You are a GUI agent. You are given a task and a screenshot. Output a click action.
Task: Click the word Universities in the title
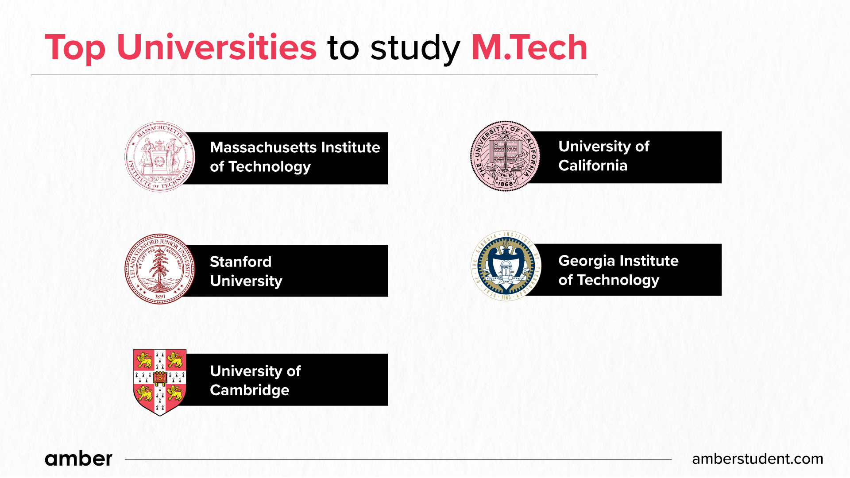point(216,47)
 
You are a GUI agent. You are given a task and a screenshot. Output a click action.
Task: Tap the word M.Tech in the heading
point(529,47)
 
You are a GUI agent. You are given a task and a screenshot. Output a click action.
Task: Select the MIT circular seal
point(160,157)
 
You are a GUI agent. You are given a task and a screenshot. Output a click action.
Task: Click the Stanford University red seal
point(160,269)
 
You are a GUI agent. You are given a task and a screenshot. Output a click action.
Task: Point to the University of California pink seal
point(505,156)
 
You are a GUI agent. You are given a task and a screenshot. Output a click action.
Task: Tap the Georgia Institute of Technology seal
point(506,266)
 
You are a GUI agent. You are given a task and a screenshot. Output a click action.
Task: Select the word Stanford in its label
point(240,262)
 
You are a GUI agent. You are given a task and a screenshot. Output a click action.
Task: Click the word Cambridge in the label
point(249,390)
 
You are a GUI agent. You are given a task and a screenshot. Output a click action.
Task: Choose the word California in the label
point(592,166)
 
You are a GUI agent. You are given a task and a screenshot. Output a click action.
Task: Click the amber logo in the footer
point(78,459)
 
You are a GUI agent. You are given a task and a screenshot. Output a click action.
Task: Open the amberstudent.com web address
point(757,459)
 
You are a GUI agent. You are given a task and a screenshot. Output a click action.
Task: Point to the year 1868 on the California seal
point(505,184)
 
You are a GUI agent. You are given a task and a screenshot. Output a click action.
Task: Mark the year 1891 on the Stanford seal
point(160,297)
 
